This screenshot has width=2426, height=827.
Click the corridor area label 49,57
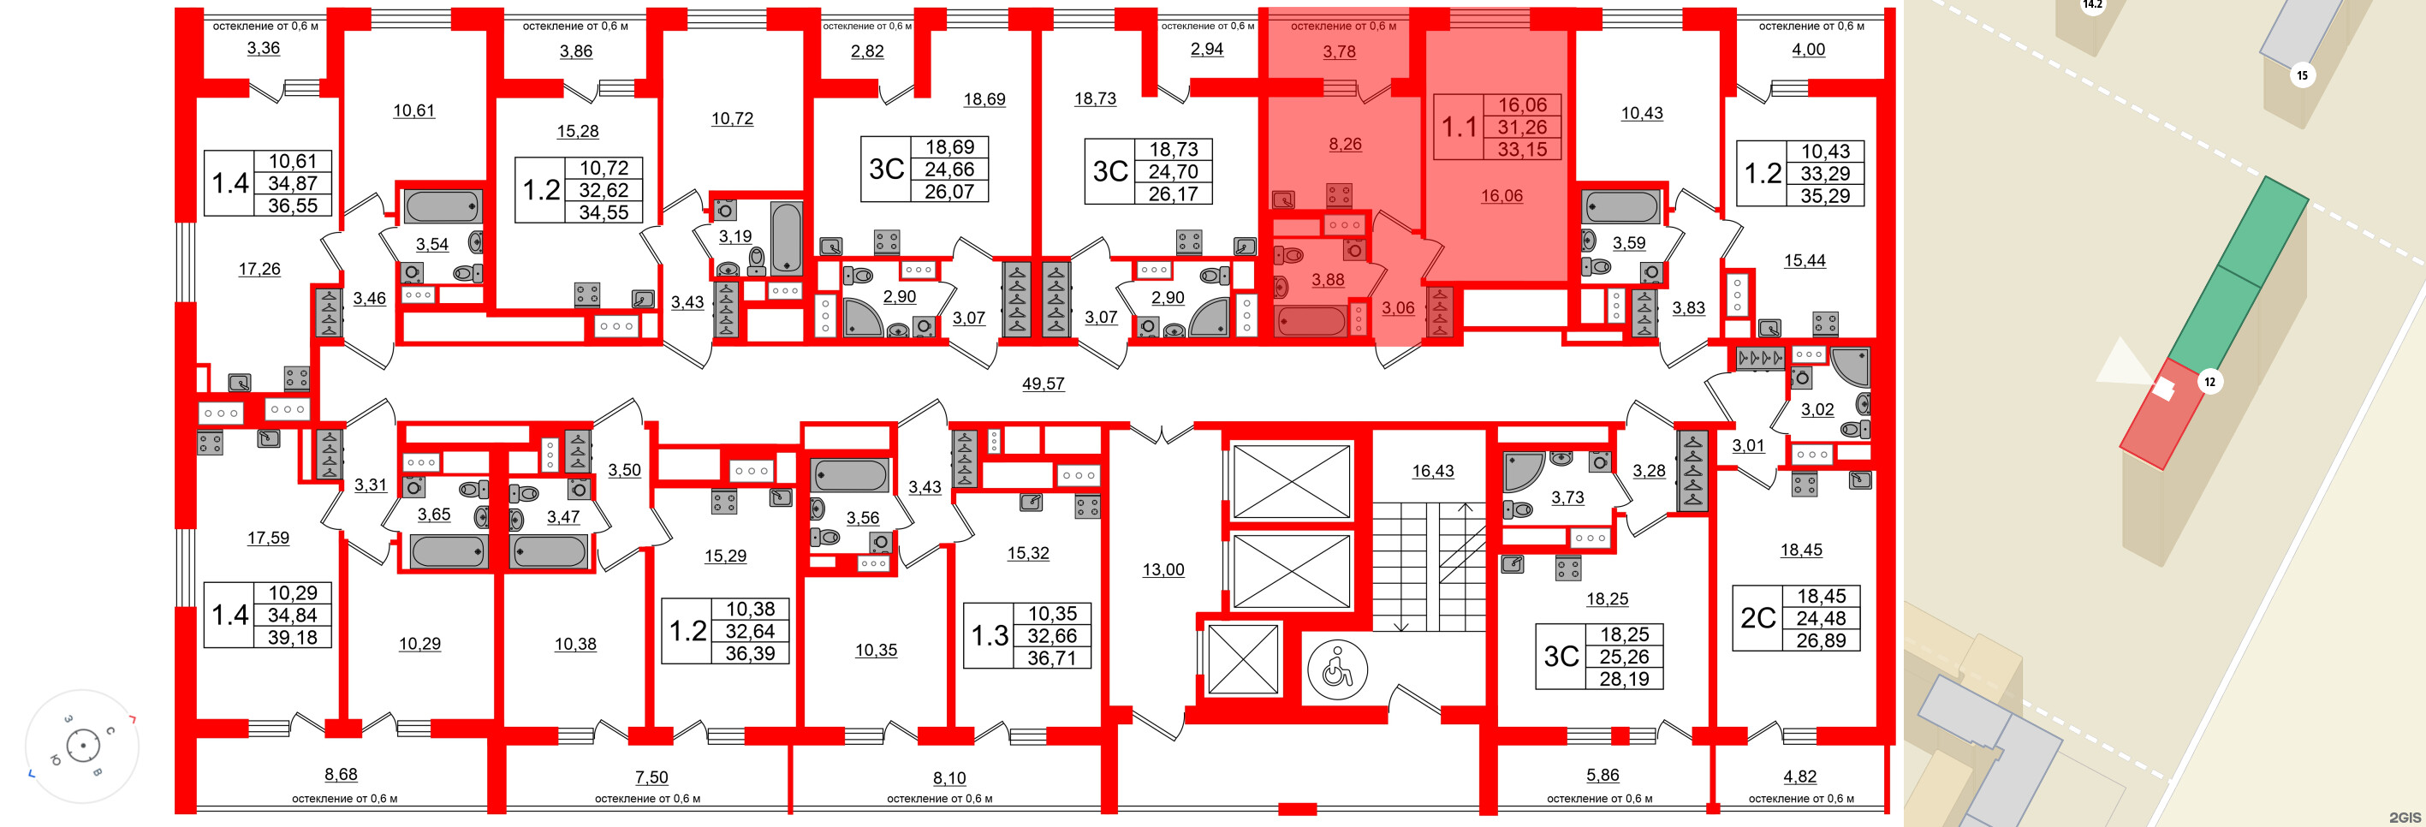coord(1043,384)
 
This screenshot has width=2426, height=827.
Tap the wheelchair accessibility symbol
coord(1336,669)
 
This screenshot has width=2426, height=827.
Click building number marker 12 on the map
coord(2209,382)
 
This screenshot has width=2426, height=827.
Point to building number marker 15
coord(2302,75)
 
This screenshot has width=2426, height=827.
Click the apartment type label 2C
coord(1757,618)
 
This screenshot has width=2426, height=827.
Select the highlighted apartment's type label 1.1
coord(1460,128)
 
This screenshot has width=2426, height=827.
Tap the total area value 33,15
coord(1522,149)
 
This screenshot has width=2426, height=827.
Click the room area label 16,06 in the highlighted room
coord(1501,196)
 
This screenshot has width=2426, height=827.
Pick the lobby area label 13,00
coord(1163,569)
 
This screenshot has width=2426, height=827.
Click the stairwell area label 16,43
coord(1432,471)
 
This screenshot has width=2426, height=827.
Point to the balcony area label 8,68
coord(341,774)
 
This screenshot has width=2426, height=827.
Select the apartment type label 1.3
coord(990,636)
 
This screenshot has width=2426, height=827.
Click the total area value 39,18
coord(292,637)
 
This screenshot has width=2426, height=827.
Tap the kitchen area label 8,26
coord(1345,144)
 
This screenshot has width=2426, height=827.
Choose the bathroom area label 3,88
coord(1328,280)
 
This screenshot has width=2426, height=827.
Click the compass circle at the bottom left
coord(83,746)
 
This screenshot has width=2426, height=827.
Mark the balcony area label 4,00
coord(1808,50)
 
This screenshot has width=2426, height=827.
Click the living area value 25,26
coord(1624,657)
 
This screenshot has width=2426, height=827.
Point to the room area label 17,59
coord(269,538)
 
